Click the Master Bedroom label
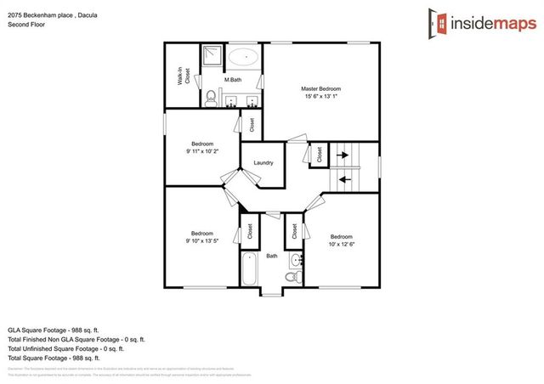320,89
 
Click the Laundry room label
262,161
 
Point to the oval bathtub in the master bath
245,59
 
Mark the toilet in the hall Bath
290,277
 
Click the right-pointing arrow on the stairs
343,155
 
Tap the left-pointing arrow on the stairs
343,178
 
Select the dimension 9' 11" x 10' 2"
202,151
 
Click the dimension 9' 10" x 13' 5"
202,240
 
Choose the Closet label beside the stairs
320,155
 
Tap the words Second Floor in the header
26,25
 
